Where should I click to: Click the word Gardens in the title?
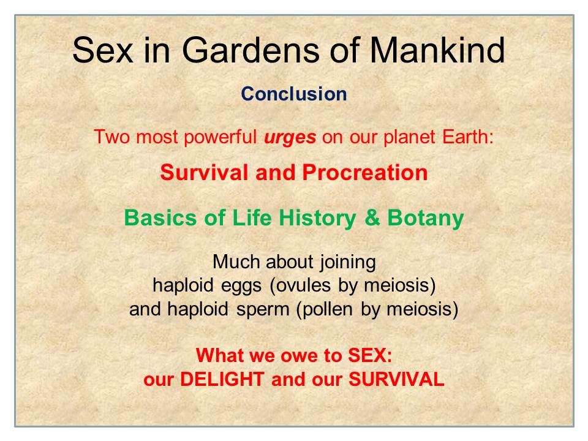pyautogui.click(x=250, y=50)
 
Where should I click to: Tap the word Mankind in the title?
pyautogui.click(x=437, y=50)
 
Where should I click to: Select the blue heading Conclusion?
pyautogui.click(x=294, y=94)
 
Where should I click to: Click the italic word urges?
pyautogui.click(x=290, y=138)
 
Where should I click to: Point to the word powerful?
pyautogui.click(x=221, y=137)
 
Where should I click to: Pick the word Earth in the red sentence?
pyautogui.click(x=468, y=137)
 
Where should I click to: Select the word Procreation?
pyautogui.click(x=365, y=173)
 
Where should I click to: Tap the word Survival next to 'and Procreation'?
pyautogui.click(x=204, y=173)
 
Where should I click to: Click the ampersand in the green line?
pyautogui.click(x=372, y=218)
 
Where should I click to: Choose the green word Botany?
pyautogui.click(x=426, y=219)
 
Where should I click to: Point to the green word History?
pyautogui.click(x=317, y=219)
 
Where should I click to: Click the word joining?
pyautogui.click(x=348, y=262)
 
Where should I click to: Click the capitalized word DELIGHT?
pyautogui.click(x=222, y=379)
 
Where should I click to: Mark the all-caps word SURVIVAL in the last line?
pyautogui.click(x=396, y=379)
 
